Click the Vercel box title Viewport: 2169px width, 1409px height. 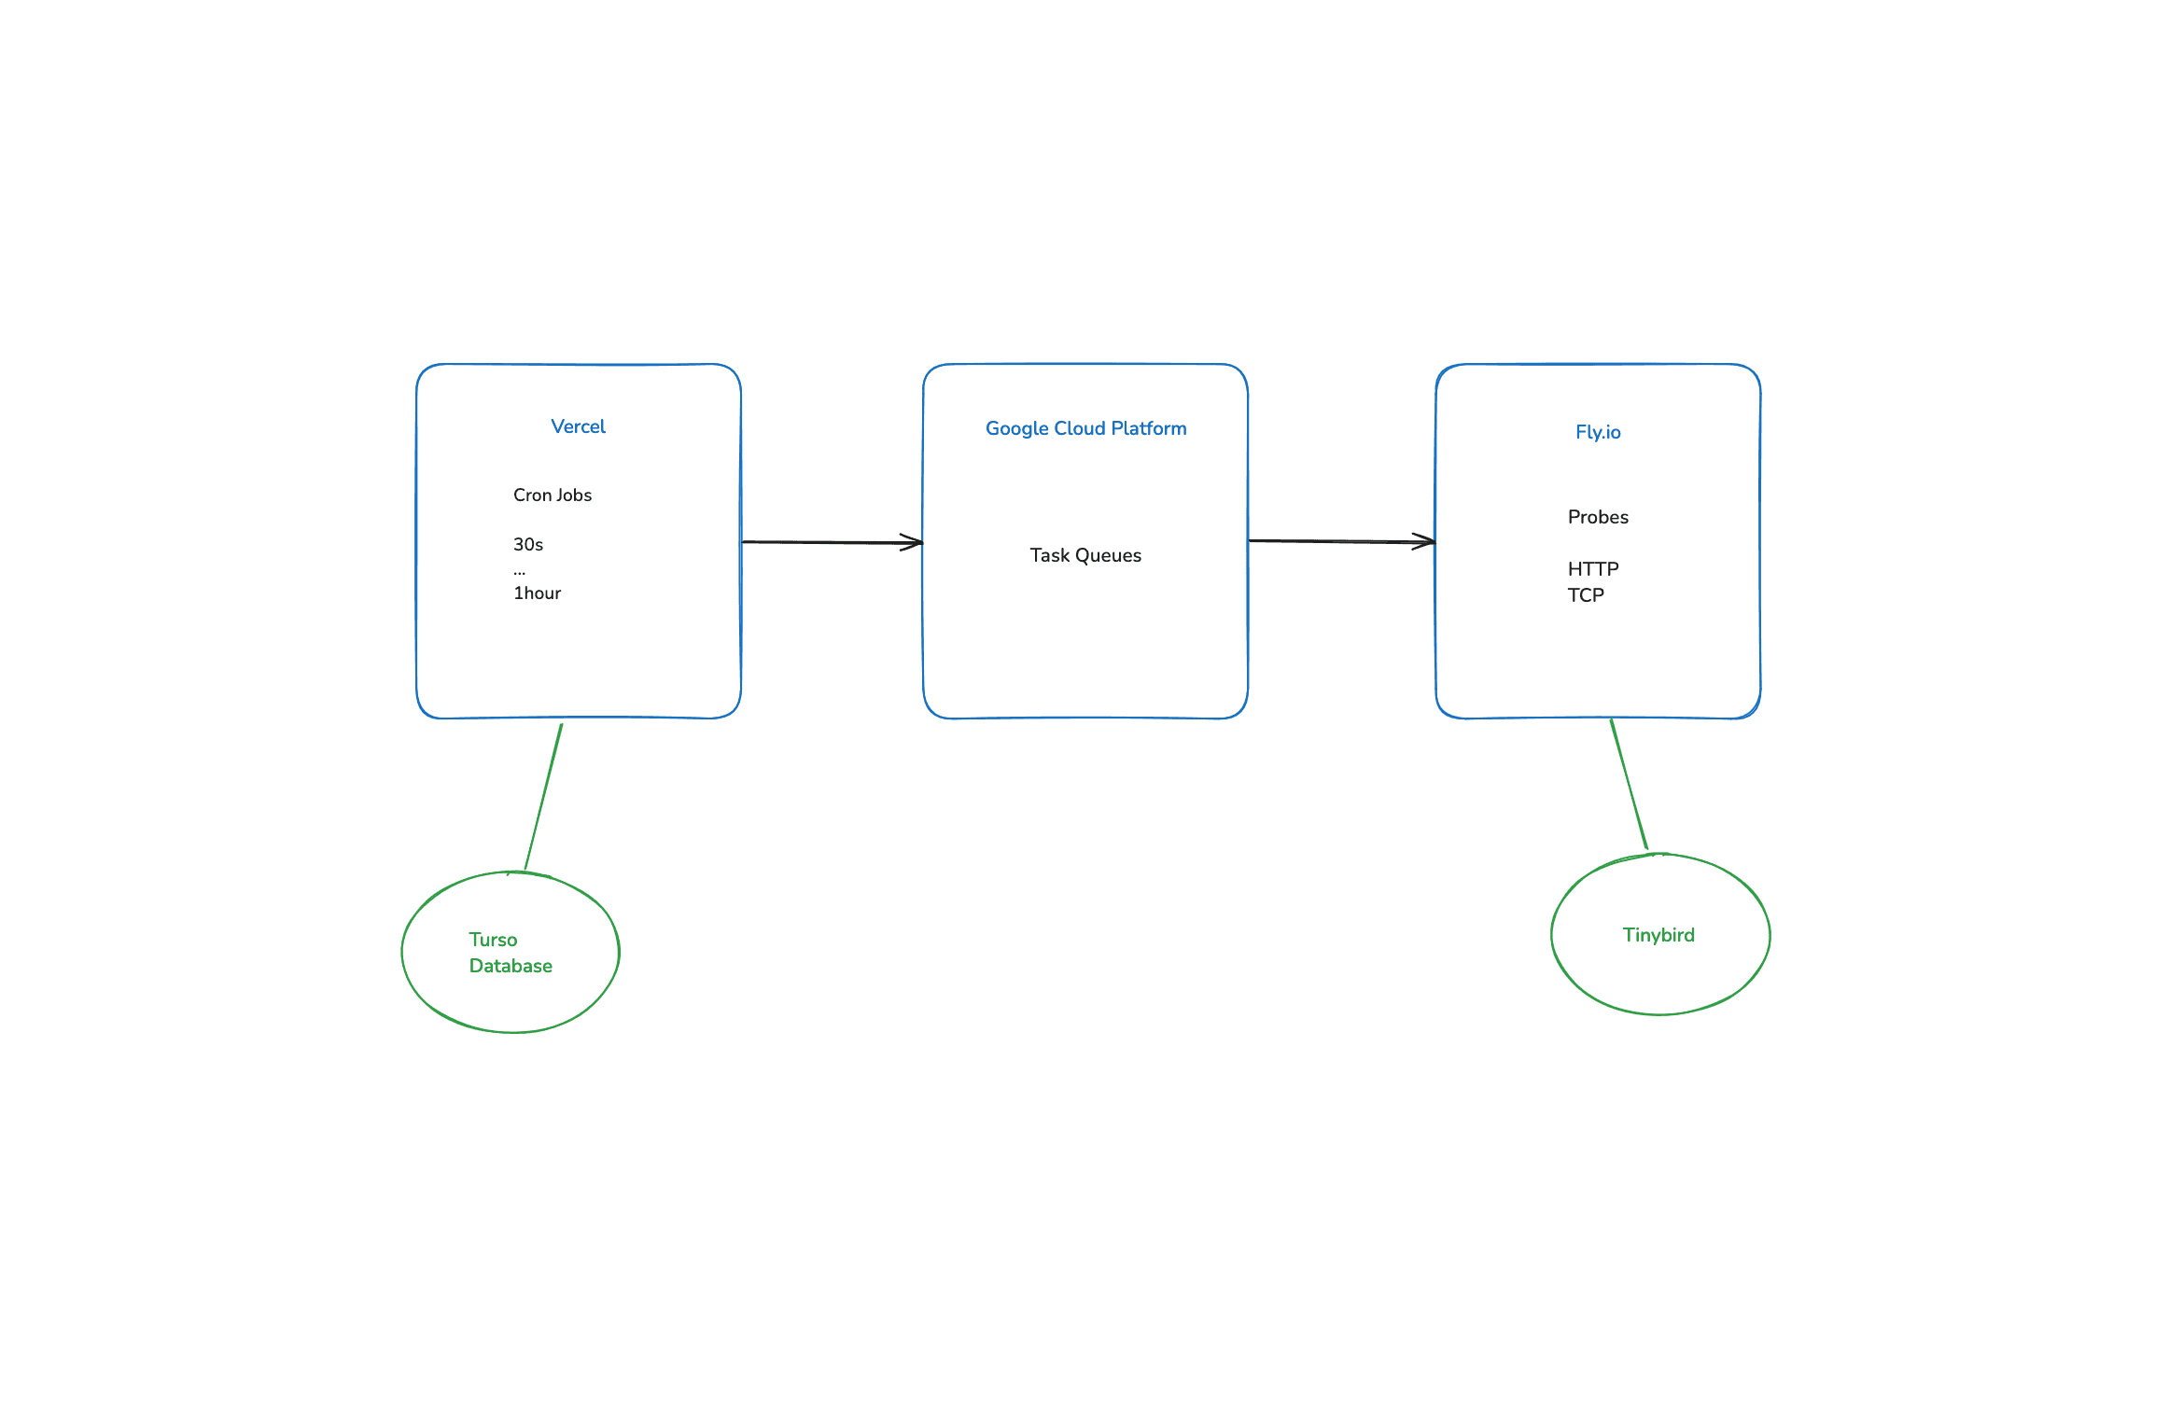pos(579,426)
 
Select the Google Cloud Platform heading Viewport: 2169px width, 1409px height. pos(1086,428)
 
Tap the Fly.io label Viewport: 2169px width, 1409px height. pos(1598,432)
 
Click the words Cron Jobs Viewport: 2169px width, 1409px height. pos(553,495)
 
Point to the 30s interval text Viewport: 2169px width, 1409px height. pos(528,544)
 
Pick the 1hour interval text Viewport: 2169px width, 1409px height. pos(537,593)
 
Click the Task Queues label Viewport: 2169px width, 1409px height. pos(1085,555)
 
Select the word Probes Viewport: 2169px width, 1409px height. pos(1598,517)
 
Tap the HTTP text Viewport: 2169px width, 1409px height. pos(1593,568)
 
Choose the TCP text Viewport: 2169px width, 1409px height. pos(1586,594)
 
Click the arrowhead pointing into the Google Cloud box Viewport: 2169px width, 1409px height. pos(914,542)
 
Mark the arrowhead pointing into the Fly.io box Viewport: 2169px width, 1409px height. pos(1426,541)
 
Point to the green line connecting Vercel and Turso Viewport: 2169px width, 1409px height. pos(543,797)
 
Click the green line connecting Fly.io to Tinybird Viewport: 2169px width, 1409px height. pos(1629,785)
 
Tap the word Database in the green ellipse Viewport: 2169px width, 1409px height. pos(511,966)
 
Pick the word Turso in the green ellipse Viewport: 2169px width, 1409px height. pos(493,940)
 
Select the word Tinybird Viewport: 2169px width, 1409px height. pos(1658,935)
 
